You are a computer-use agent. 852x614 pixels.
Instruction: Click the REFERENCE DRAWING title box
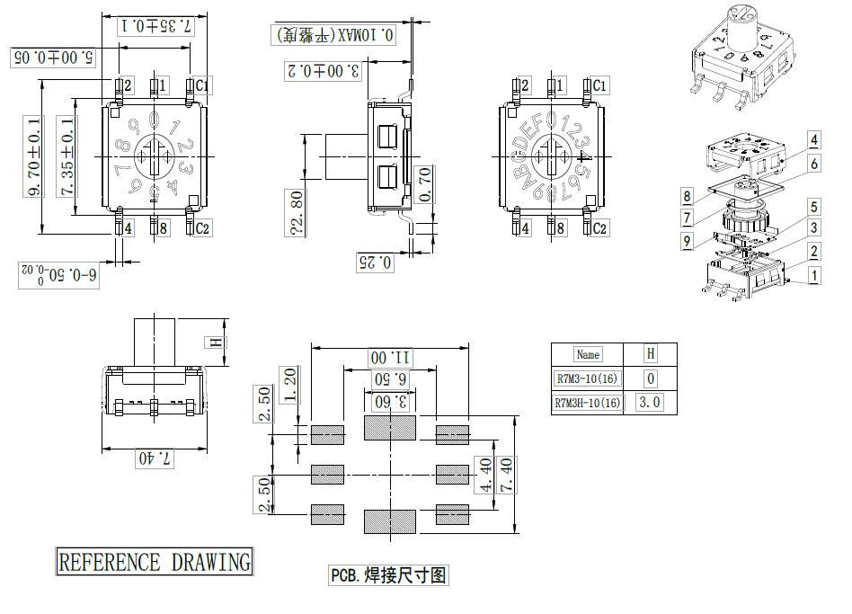point(154,563)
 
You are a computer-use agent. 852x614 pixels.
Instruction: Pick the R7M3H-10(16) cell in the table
point(588,403)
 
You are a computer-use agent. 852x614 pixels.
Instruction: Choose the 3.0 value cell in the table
point(650,403)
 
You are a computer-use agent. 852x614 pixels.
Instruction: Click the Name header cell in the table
point(588,354)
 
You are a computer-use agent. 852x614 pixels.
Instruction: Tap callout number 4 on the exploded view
point(812,139)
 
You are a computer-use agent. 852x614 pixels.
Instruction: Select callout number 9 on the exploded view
point(686,240)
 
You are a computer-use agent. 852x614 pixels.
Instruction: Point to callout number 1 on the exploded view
point(812,276)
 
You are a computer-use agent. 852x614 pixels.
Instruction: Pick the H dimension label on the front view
point(213,342)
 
